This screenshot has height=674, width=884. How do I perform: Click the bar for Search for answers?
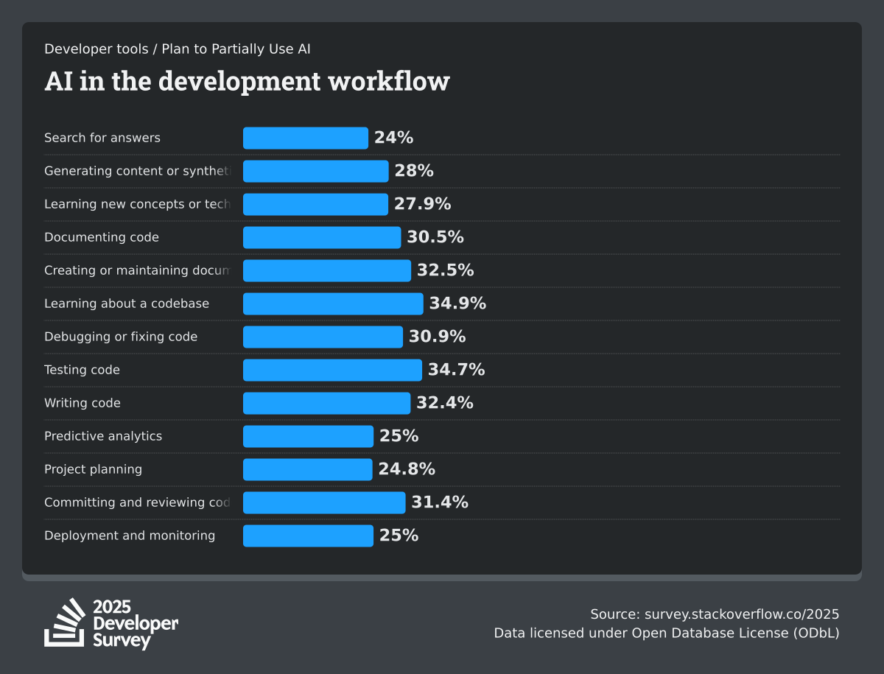pos(305,138)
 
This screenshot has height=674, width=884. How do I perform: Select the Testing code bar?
pos(332,370)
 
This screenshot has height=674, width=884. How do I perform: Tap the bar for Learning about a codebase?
pos(333,303)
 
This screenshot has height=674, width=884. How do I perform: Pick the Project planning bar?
pos(307,469)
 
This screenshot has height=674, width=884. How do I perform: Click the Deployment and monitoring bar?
pos(308,536)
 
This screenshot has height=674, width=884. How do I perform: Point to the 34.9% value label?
pos(457,303)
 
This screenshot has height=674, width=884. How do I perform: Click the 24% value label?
pos(393,138)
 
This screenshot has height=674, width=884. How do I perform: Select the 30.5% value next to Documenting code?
pos(435,237)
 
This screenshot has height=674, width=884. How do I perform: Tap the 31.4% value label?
pos(440,502)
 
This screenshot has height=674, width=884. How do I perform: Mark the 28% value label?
pos(413,171)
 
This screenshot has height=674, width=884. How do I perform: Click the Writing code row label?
pos(83,403)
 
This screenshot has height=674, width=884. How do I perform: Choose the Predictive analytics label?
pos(103,436)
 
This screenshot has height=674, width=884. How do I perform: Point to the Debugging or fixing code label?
pos(121,337)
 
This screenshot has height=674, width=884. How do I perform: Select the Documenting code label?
pos(102,237)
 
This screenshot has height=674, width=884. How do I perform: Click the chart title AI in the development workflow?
pos(247,81)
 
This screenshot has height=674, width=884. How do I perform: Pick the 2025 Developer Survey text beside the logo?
pos(135,623)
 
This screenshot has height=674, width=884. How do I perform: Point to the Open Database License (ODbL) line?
pos(667,633)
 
